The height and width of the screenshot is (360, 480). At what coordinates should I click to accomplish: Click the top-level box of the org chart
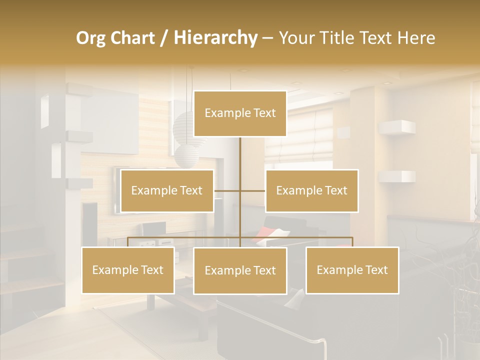point(240,113)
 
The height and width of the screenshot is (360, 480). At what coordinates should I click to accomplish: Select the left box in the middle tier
point(167,190)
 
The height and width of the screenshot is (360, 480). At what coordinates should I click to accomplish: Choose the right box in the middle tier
point(311,190)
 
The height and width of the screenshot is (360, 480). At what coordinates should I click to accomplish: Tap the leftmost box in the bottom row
point(128,270)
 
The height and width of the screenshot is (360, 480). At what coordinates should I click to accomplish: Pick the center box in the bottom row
point(240,271)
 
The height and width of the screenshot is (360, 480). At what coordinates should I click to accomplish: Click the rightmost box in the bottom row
point(352,270)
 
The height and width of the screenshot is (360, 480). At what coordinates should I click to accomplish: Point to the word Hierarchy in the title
point(215,38)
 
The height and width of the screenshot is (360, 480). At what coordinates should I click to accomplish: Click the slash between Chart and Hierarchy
point(164,38)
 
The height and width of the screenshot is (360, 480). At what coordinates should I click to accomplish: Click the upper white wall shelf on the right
point(397,127)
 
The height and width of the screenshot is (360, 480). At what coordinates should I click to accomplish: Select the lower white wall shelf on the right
point(397,176)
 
